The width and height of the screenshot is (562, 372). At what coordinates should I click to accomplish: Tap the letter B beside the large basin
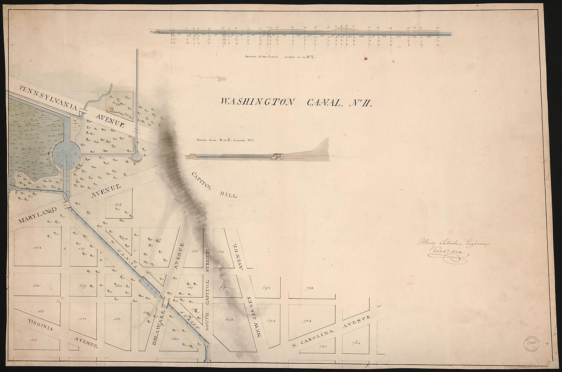pos(49,154)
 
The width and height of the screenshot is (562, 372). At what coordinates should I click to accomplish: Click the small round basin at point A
pos(136,156)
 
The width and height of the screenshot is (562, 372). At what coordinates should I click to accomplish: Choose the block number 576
pos(118,205)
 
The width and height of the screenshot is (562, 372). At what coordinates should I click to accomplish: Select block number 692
pos(266,288)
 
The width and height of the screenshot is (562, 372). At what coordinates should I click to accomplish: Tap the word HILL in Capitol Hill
pos(228,195)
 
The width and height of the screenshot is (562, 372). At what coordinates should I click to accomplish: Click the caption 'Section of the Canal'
pos(262,57)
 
